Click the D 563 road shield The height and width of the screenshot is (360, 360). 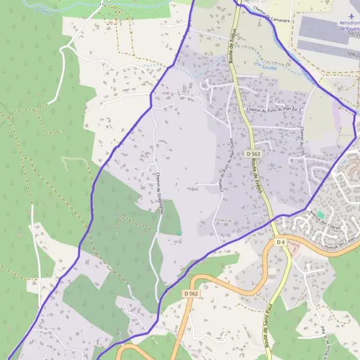coord(252,154)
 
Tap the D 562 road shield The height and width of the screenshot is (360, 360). coord(191,293)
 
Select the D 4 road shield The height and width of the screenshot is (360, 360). coord(280,242)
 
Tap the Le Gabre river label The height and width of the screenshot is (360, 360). coord(43,10)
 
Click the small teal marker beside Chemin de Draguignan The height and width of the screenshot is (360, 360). coord(179,232)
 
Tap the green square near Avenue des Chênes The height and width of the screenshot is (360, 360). coord(320,215)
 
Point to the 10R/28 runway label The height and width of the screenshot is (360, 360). coord(352,54)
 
